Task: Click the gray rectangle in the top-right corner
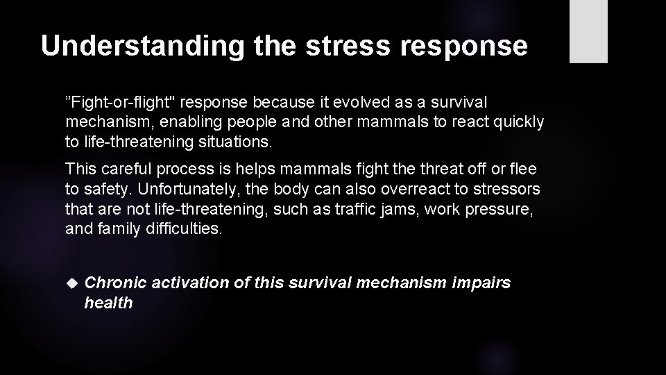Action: [x=588, y=31]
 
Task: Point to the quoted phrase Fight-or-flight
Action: [x=117, y=103]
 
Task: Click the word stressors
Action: [x=506, y=189]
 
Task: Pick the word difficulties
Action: [x=184, y=228]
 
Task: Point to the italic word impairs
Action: [x=481, y=283]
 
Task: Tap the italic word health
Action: [x=108, y=303]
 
